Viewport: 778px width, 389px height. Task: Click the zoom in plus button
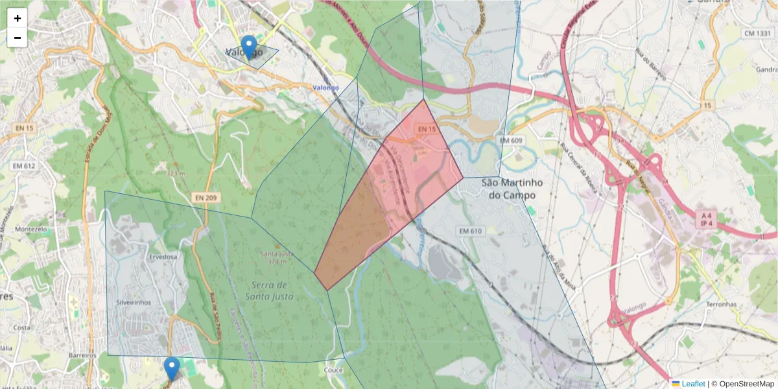(18, 18)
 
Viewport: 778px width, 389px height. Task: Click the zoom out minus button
(18, 38)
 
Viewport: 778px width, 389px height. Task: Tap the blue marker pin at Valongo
(248, 47)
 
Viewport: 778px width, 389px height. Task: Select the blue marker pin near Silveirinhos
(172, 368)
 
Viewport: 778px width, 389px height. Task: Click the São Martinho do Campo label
(512, 189)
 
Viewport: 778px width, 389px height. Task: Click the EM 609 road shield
(512, 140)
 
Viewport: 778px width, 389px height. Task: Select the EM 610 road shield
(471, 231)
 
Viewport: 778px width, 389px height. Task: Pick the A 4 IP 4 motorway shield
(705, 219)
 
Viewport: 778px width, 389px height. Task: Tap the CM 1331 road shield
(757, 33)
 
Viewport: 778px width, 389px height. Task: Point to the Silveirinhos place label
(133, 303)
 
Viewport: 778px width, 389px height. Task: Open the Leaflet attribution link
(693, 384)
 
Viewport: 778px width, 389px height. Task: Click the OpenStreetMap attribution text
(742, 384)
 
